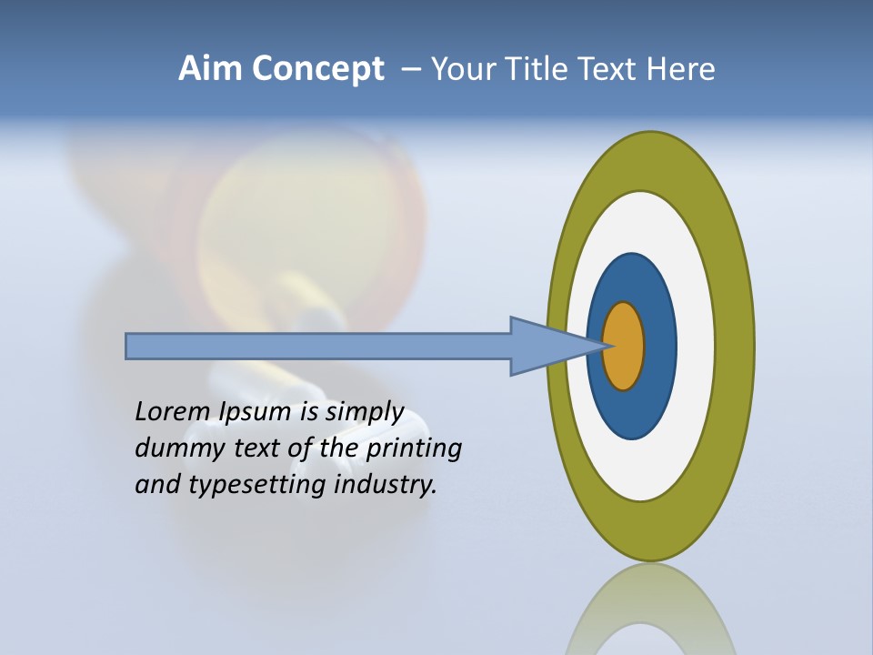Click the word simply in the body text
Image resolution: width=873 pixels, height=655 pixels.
pos(365,412)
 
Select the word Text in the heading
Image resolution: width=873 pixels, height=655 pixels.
pos(610,69)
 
